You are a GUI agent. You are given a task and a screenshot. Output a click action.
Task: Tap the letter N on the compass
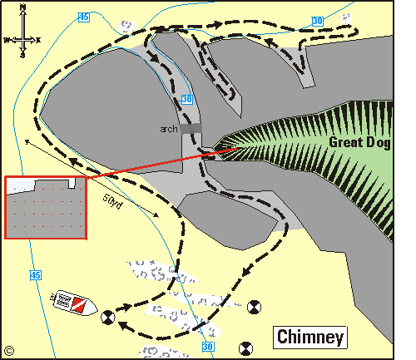(24, 8)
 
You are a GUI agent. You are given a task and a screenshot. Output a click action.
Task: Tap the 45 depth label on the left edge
(34, 275)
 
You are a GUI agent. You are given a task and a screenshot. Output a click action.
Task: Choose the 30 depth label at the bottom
(208, 347)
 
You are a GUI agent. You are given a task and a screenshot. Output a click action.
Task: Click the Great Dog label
(360, 141)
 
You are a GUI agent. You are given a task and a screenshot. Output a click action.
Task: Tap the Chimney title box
(310, 337)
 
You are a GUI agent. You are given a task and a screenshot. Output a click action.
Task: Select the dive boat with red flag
(72, 303)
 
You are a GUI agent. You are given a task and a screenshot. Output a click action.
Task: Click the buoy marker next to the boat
(107, 316)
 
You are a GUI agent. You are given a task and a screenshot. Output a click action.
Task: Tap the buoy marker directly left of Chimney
(245, 347)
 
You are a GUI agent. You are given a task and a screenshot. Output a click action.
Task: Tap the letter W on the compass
(6, 39)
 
